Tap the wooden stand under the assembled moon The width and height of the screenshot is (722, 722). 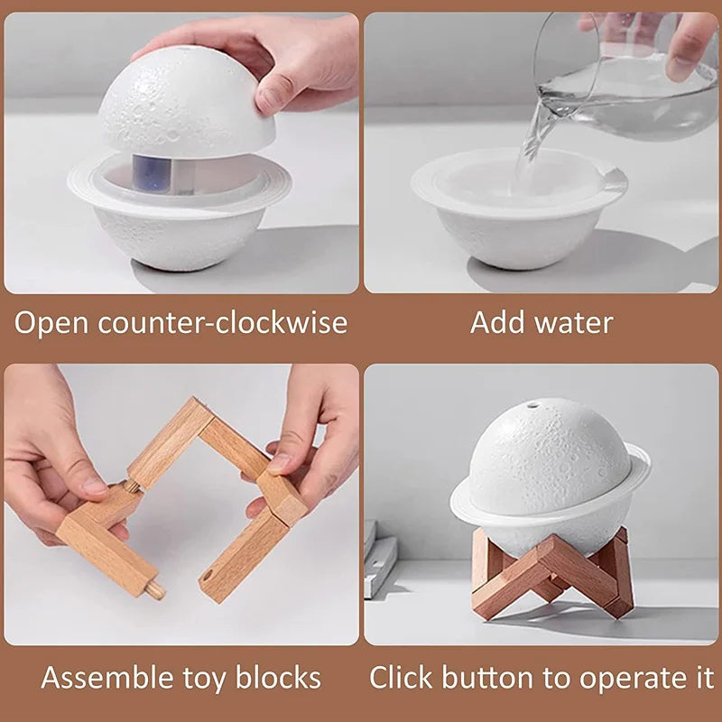[x=551, y=578]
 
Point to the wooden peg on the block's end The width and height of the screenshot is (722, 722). [x=155, y=590]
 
